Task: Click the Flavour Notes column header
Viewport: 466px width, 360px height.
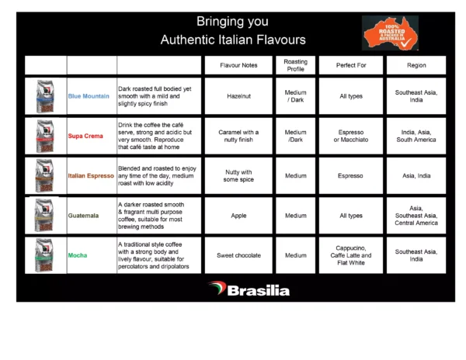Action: click(238, 66)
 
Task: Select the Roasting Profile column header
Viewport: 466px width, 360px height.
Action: click(295, 66)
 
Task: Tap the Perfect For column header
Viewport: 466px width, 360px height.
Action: click(350, 66)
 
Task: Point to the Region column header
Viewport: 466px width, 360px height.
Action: click(416, 66)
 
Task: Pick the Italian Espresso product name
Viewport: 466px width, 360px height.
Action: click(91, 176)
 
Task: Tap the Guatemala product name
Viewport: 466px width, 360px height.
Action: click(84, 216)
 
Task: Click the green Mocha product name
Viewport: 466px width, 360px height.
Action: click(78, 255)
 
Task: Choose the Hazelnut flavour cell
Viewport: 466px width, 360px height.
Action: click(238, 96)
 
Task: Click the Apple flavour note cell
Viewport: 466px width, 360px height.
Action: click(238, 216)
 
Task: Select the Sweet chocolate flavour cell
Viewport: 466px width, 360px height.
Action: click(238, 255)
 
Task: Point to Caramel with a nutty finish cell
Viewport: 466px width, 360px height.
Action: click(238, 137)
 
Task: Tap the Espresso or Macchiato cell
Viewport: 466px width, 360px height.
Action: click(350, 137)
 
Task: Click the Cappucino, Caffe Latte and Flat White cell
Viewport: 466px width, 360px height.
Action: click(350, 255)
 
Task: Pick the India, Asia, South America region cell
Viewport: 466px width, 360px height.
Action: click(416, 137)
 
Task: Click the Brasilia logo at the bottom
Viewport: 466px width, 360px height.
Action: click(249, 289)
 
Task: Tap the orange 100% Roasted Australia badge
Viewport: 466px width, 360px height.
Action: click(390, 33)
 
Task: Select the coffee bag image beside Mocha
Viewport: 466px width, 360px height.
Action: click(45, 255)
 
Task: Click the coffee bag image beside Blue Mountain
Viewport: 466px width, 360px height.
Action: click(45, 96)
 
